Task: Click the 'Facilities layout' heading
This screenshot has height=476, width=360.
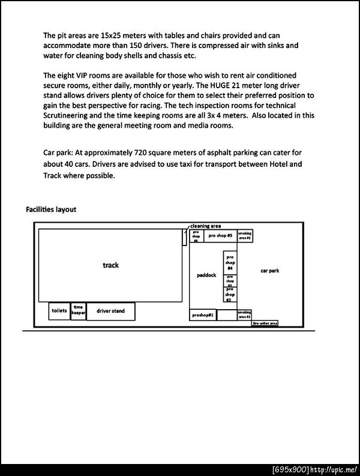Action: pyautogui.click(x=51, y=209)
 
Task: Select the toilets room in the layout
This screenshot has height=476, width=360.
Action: pyautogui.click(x=59, y=311)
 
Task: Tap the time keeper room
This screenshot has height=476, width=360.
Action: pyautogui.click(x=79, y=311)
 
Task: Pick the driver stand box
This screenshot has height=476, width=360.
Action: pyautogui.click(x=111, y=311)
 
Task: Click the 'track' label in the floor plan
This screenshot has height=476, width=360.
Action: pyautogui.click(x=111, y=265)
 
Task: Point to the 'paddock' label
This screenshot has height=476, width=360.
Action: pyautogui.click(x=206, y=276)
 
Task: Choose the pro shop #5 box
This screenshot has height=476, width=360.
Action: pyautogui.click(x=220, y=236)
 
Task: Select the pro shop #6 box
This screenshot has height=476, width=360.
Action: pyautogui.click(x=196, y=236)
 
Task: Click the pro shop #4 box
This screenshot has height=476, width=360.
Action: pyautogui.click(x=230, y=262)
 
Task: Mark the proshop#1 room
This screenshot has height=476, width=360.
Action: pyautogui.click(x=203, y=315)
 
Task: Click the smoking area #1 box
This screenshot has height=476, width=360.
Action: pyautogui.click(x=245, y=236)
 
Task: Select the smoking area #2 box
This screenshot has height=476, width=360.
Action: pyautogui.click(x=244, y=314)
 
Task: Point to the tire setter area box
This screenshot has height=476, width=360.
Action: pyautogui.click(x=265, y=323)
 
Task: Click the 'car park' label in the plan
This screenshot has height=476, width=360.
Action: pyautogui.click(x=269, y=271)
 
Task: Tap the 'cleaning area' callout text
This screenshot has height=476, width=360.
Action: pyautogui.click(x=206, y=226)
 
